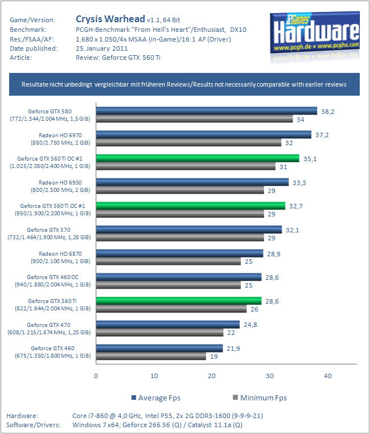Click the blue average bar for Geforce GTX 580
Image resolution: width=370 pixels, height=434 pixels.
[x=206, y=111]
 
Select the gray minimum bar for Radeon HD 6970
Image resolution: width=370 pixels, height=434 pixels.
[x=188, y=143]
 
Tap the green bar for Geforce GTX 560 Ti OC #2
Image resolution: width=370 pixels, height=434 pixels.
[x=197, y=158]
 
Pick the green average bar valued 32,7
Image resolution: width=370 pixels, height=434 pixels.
[x=190, y=206]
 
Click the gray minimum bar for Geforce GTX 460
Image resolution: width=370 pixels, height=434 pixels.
[x=151, y=356]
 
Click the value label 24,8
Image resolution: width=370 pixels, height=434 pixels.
[x=249, y=325]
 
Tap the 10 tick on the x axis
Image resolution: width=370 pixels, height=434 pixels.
[x=154, y=376]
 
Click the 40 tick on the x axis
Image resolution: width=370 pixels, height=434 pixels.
[x=327, y=376]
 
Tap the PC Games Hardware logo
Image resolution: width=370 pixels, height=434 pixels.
[x=315, y=32]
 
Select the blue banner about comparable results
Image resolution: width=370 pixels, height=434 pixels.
[x=184, y=84]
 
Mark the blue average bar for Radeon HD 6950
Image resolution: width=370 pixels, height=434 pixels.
[x=192, y=182]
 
